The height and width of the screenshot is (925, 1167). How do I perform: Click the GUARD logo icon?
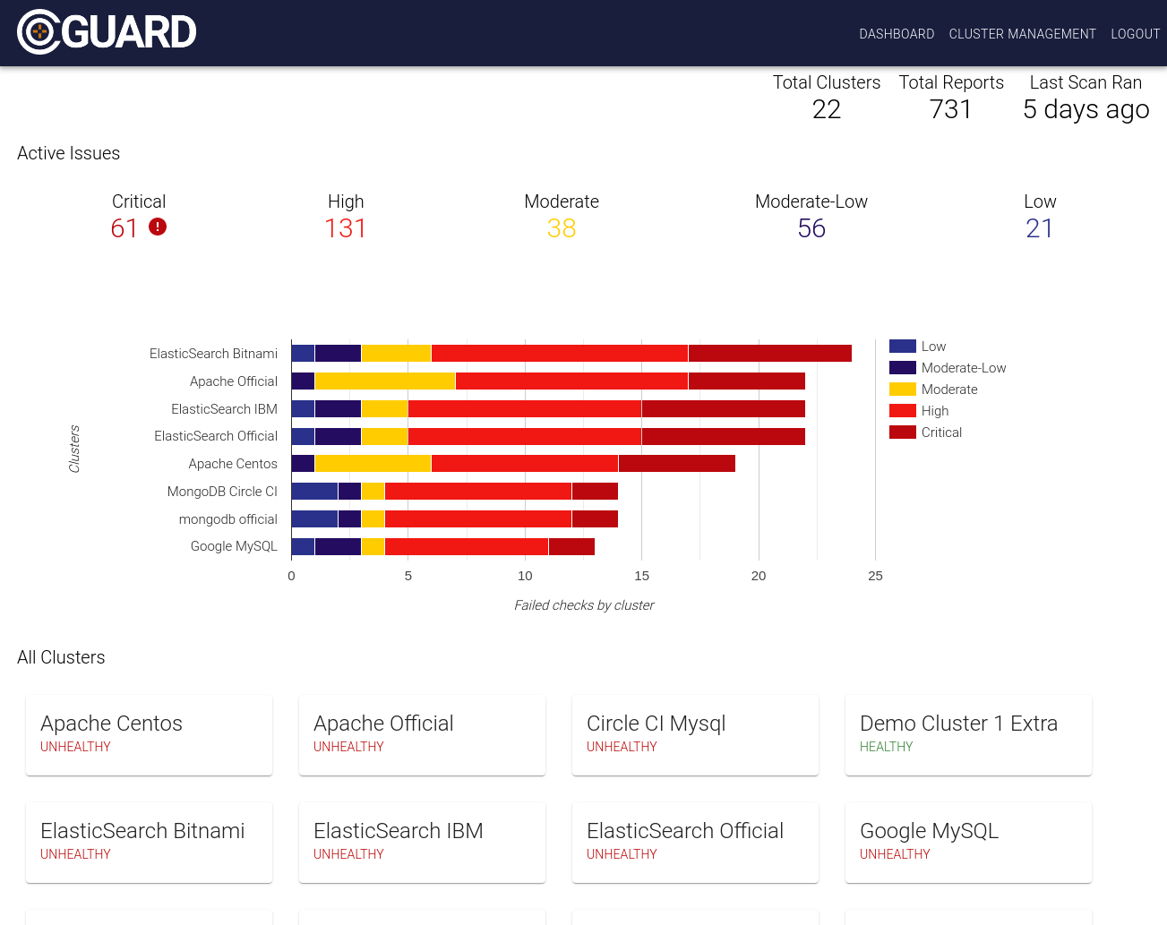point(39,32)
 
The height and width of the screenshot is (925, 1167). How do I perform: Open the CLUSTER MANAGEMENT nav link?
point(1022,34)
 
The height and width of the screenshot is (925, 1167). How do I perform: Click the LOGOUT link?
point(1135,34)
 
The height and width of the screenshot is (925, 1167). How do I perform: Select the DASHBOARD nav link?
point(897,34)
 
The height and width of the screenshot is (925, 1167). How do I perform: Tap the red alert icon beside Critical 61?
point(158,227)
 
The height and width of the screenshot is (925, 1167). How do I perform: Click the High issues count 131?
point(346,228)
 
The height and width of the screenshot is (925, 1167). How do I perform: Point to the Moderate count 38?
point(562,228)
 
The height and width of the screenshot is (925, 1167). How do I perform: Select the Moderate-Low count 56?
point(811,228)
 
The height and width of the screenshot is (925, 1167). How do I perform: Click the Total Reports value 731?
point(950,109)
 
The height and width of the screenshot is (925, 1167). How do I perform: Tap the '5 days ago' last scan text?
point(1085,109)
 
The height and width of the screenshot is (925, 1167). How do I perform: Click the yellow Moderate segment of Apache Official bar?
point(385,381)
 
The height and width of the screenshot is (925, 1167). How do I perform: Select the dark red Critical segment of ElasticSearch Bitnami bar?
point(769,354)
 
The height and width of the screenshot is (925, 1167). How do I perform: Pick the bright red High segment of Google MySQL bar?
point(466,546)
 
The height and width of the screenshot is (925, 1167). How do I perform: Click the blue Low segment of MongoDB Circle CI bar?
point(314,492)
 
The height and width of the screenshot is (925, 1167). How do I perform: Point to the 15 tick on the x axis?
point(641,576)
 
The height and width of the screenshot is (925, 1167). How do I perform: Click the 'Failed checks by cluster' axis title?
point(584,605)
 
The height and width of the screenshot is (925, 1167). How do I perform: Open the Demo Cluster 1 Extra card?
point(968,734)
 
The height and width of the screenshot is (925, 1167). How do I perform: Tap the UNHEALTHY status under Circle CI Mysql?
point(622,747)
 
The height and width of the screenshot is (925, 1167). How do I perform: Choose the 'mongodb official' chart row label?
point(227,519)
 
